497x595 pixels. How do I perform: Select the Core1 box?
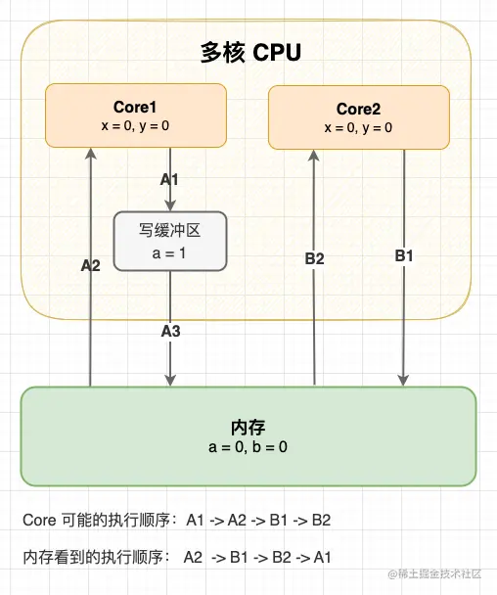coord(136,115)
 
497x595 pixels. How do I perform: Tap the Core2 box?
coord(358,116)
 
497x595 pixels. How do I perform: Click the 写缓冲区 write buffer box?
coord(170,241)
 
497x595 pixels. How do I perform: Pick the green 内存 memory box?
coord(248,436)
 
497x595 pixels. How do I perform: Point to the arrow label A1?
coord(171,180)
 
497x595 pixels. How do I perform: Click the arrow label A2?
coord(90,265)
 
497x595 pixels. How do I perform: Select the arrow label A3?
coord(171,331)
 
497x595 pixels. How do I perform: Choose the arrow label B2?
coord(314,258)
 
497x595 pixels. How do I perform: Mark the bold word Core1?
coord(136,107)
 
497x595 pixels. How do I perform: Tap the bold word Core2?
coord(358,109)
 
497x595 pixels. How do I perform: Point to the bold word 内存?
coord(248,429)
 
